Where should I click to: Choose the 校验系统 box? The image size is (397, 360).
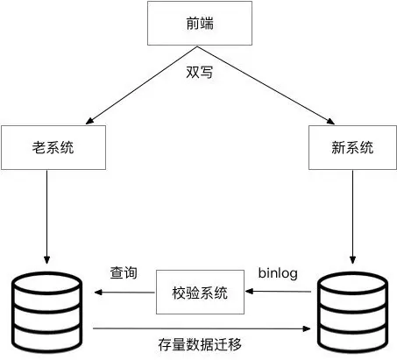point(199,293)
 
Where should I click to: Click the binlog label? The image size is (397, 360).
point(278,273)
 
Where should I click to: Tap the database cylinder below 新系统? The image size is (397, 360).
point(351,312)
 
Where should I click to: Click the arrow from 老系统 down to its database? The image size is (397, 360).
point(47,215)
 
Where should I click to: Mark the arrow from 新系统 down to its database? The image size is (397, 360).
point(351,215)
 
